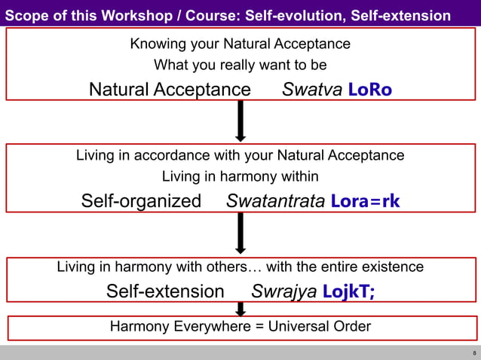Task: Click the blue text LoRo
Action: tap(370, 90)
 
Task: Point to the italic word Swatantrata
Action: tap(276, 202)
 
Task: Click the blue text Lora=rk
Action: tap(366, 202)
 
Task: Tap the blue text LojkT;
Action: tap(348, 291)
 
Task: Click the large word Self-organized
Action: tap(141, 202)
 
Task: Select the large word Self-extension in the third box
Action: tap(165, 291)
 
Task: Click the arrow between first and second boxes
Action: tap(240, 121)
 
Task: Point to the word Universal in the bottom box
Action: tap(295, 327)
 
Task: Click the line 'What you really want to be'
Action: tap(240, 66)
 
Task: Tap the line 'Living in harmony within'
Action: tap(240, 177)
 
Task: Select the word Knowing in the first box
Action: tap(156, 44)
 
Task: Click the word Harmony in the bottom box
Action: tap(136, 327)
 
